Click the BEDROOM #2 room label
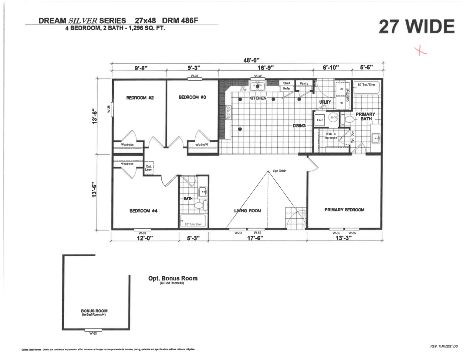(140, 98)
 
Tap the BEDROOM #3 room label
(192, 97)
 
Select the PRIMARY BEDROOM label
(344, 210)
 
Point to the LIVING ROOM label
(248, 210)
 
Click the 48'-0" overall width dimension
(252, 60)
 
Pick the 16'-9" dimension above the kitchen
(265, 68)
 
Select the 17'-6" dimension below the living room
(255, 238)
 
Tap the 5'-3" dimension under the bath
(193, 238)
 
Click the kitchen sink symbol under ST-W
(258, 86)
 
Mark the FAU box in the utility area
(320, 120)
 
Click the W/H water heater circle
(333, 117)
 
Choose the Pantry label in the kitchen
(304, 83)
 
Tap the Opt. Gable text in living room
(279, 171)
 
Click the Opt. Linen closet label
(149, 168)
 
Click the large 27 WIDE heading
(416, 27)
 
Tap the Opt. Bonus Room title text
(173, 278)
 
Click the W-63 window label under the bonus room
(93, 333)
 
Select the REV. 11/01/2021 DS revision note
(444, 346)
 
